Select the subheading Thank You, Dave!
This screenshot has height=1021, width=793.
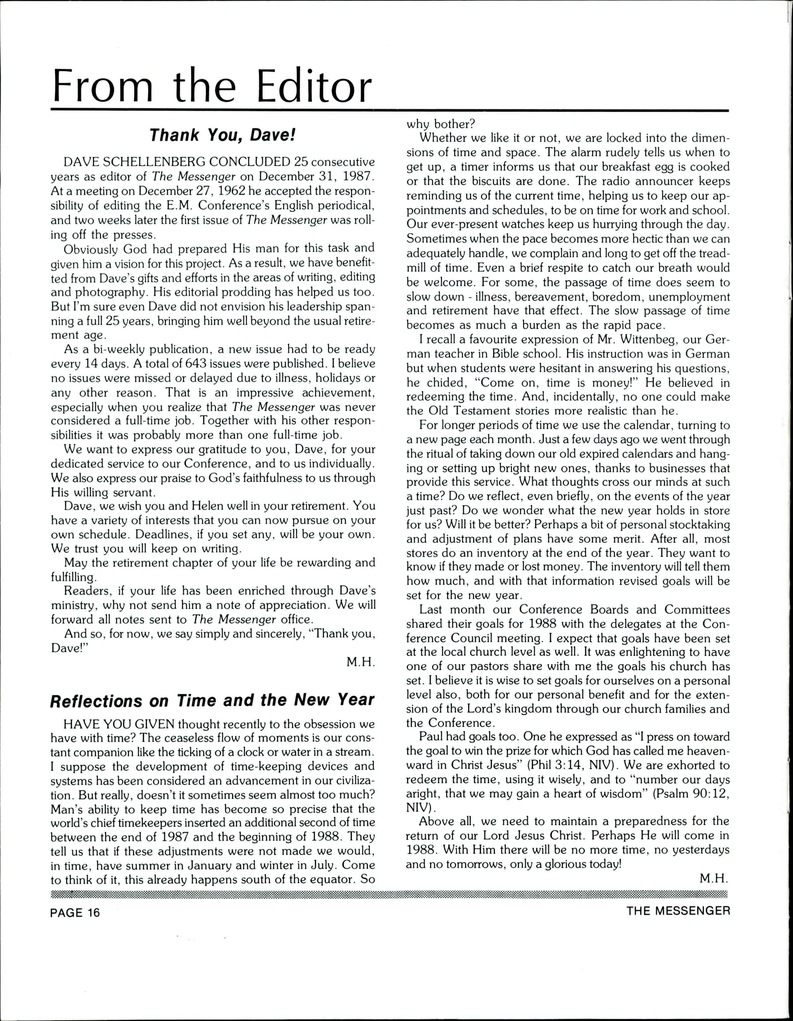[223, 135]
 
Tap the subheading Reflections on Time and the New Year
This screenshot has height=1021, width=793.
[212, 700]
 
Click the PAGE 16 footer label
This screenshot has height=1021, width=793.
[75, 913]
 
